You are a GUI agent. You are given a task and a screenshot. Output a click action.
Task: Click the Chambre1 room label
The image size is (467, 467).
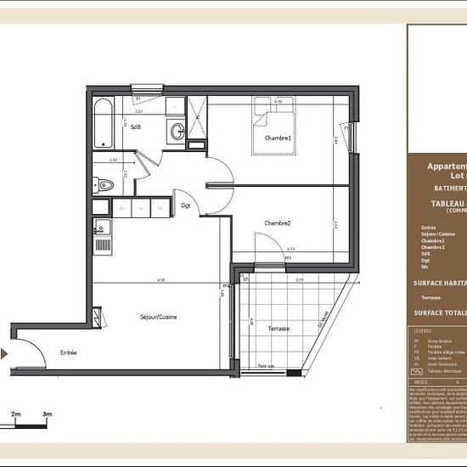coord(278,138)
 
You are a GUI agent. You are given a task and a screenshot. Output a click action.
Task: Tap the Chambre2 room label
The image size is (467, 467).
coord(278,222)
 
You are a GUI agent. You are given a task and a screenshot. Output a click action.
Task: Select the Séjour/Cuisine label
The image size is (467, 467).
coord(158,317)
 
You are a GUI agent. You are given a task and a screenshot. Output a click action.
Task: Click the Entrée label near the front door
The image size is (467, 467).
coord(68,352)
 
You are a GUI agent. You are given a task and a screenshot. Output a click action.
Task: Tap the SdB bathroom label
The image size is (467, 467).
coord(135,127)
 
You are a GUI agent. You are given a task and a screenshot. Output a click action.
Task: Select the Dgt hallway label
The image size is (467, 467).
coord(185,205)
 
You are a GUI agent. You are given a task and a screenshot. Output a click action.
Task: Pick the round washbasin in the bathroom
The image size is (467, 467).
coord(177,131)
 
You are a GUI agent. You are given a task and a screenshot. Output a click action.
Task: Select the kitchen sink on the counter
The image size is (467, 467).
coord(101,227)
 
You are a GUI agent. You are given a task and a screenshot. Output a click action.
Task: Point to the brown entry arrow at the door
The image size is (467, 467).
coord(5,354)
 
